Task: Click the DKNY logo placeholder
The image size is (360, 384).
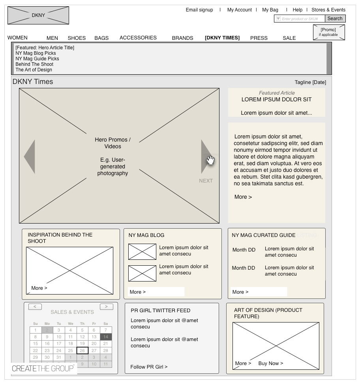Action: pos(38,15)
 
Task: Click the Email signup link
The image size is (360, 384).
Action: pos(199,10)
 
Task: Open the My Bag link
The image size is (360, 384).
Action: pos(270,10)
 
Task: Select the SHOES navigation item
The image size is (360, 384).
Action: pos(77,38)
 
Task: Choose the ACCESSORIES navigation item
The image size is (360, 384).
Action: pos(138,38)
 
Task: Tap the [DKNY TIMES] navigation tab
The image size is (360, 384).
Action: pos(222,38)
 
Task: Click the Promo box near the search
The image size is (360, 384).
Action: pos(328,32)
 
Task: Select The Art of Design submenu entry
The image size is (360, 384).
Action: pos(34,70)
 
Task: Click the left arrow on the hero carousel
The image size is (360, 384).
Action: pos(30,157)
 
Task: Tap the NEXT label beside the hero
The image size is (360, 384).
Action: pos(206,181)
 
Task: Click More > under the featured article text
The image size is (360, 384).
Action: pos(243,197)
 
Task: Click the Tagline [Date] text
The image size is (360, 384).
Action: pos(310,82)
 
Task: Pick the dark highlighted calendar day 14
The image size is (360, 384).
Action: pos(106,337)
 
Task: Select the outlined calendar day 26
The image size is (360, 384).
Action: pos(82,350)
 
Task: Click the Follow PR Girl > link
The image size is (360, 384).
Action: pos(149,367)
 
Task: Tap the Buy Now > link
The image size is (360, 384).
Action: pos(270,363)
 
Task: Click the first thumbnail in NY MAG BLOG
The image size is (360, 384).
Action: pos(142,252)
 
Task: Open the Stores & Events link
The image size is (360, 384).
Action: pos(328,10)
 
